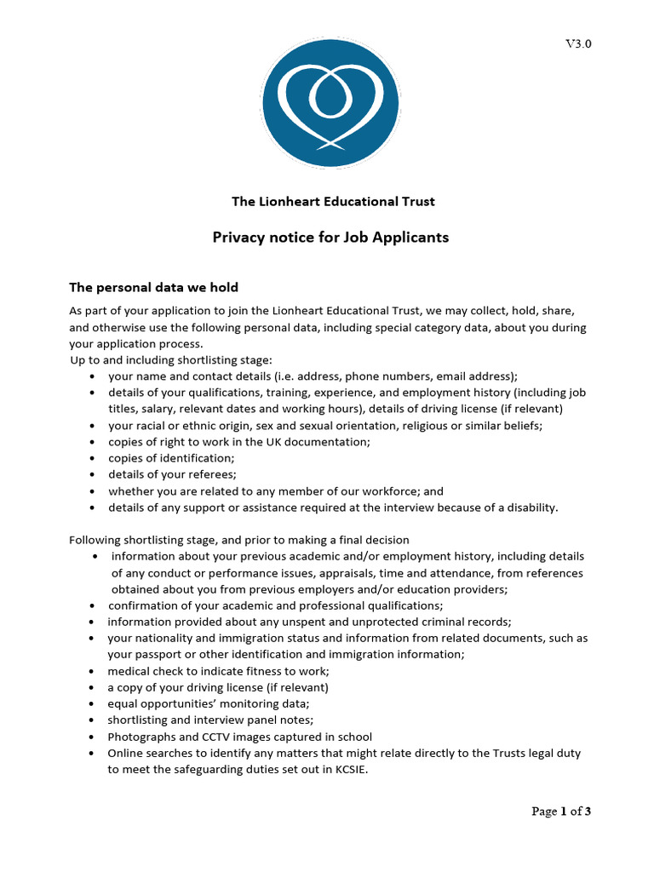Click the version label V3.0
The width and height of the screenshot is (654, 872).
578,44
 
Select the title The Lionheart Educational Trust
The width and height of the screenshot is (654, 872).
333,202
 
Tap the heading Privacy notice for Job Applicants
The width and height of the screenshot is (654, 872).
330,238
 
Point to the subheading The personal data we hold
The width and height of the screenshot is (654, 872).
159,288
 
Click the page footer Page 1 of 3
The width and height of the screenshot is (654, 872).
561,812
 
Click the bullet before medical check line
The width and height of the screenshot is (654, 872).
91,671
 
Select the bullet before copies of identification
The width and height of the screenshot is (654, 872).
91,458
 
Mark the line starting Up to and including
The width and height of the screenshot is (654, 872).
170,360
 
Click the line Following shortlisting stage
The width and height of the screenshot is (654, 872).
238,540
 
